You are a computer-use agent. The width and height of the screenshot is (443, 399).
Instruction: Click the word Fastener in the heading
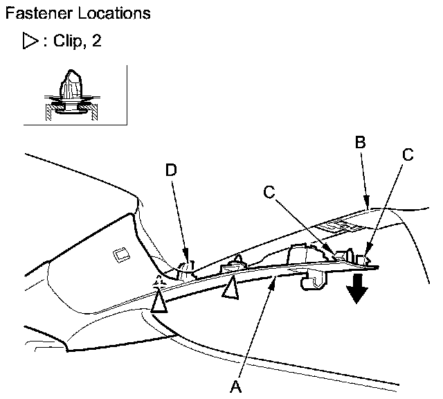(x=35, y=13)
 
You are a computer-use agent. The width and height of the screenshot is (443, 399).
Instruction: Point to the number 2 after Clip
(x=97, y=42)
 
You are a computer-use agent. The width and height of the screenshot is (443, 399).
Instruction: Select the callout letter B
(x=359, y=143)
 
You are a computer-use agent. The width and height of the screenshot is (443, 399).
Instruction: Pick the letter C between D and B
(x=269, y=192)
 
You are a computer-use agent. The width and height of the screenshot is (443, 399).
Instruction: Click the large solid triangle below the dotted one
(x=160, y=302)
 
